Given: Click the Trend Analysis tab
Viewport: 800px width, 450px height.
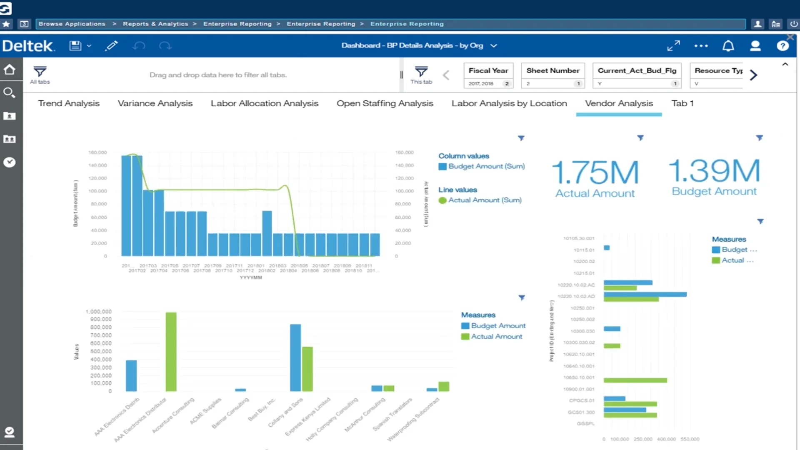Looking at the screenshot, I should pyautogui.click(x=69, y=103).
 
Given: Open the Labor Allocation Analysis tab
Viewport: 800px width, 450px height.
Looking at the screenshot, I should pyautogui.click(x=264, y=103).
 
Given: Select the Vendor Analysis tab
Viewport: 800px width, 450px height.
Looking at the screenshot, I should pyautogui.click(x=619, y=103).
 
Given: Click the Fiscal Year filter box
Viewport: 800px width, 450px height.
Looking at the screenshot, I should pyautogui.click(x=488, y=75).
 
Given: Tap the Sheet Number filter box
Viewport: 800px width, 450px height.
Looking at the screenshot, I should pyautogui.click(x=552, y=75).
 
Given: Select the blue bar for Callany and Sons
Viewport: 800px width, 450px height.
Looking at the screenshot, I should pyautogui.click(x=295, y=357).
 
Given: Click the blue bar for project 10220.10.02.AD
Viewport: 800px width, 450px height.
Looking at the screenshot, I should pyautogui.click(x=645, y=294).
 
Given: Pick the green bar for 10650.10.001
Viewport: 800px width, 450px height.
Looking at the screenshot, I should pyautogui.click(x=635, y=380).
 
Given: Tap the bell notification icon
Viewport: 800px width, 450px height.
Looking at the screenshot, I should pyautogui.click(x=728, y=46).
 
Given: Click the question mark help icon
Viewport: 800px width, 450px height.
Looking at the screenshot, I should pyautogui.click(x=782, y=46).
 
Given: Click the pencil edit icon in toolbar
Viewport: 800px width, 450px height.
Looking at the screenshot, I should pyautogui.click(x=111, y=46).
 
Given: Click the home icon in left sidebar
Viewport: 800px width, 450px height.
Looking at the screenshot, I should pyautogui.click(x=10, y=70).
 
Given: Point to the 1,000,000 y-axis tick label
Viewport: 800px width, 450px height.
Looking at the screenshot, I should pyautogui.click(x=99, y=312).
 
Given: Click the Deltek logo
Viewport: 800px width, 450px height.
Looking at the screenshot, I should pyautogui.click(x=28, y=46).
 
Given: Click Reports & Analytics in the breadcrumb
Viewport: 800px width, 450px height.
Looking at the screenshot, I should pyautogui.click(x=155, y=24).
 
